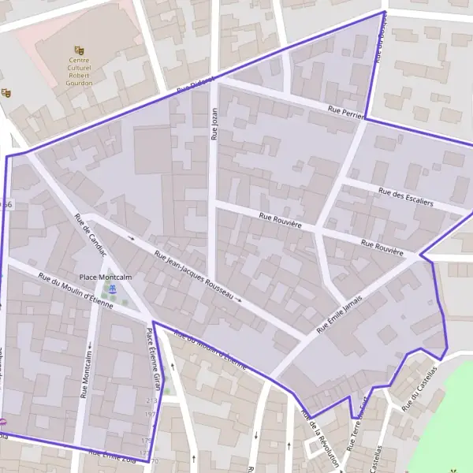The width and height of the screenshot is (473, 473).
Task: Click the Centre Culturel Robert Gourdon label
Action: [80, 68]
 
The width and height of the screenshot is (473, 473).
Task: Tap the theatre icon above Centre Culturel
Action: [78, 50]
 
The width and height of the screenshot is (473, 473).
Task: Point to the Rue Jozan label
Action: [213, 124]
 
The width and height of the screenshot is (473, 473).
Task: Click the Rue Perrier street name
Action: [345, 112]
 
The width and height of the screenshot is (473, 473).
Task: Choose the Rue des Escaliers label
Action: [406, 196]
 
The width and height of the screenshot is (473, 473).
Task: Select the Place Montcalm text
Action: [106, 277]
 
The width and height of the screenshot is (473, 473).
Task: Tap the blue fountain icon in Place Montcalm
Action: [113, 290]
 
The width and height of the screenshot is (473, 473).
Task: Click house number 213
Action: [152, 401]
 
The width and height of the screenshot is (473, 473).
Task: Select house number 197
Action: [150, 413]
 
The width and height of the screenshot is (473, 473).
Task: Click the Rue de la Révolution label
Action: [320, 439]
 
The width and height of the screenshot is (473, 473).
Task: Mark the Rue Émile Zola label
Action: [118, 456]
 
